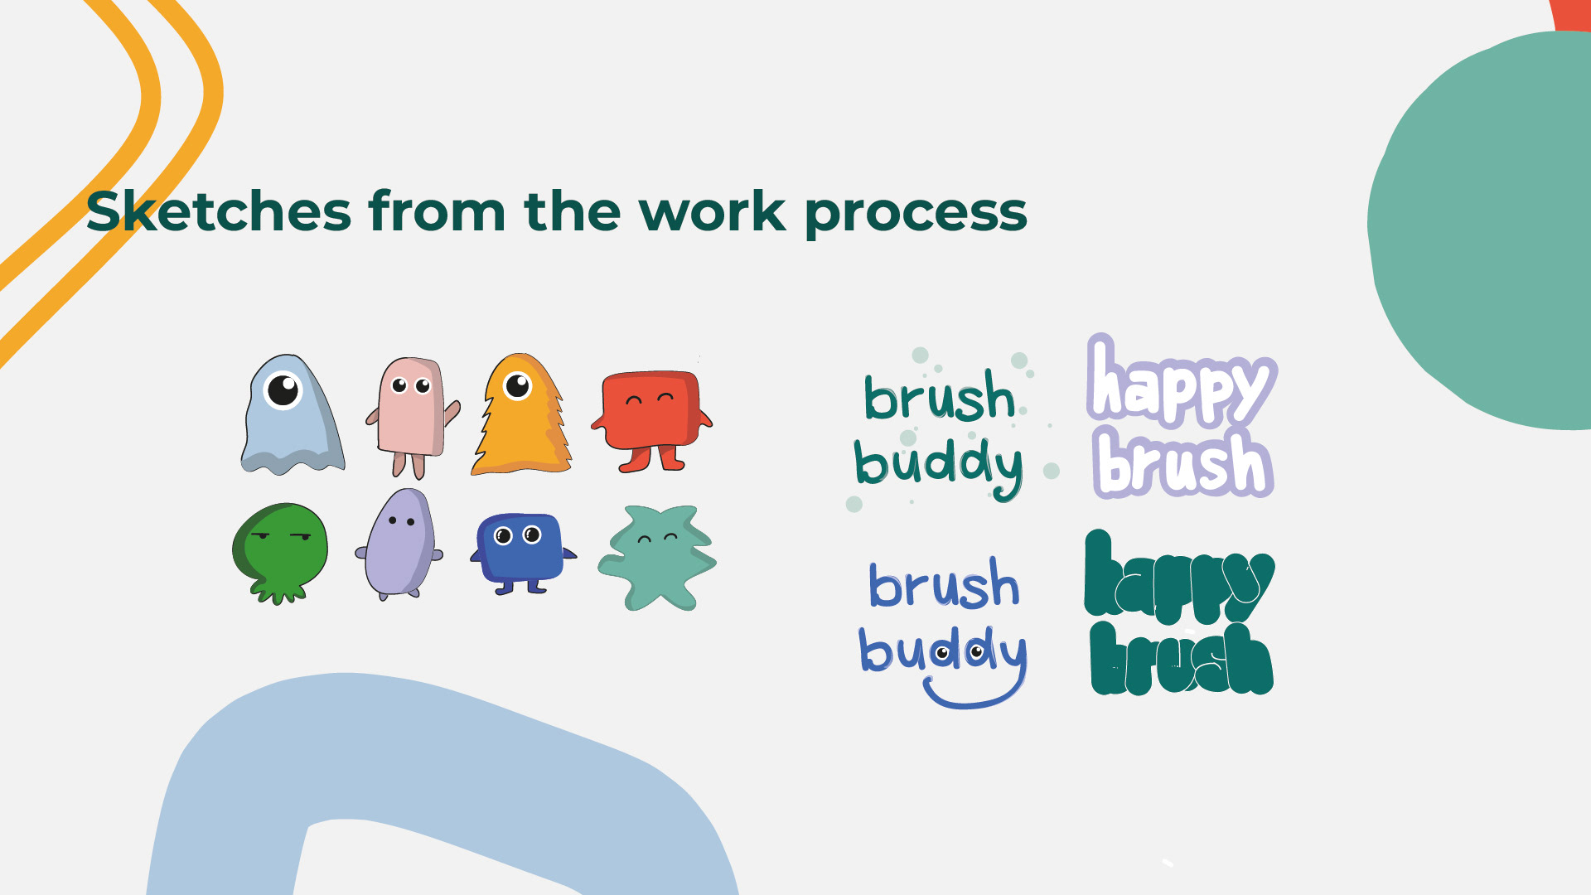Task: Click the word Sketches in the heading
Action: [x=219, y=211]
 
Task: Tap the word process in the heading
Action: [x=916, y=215]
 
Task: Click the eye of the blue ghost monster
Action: [x=283, y=389]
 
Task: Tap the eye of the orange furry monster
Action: [x=518, y=385]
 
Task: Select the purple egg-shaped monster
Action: [x=399, y=544]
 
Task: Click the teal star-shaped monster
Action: [x=658, y=558]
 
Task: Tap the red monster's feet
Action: [x=652, y=458]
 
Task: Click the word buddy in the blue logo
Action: [x=943, y=651]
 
